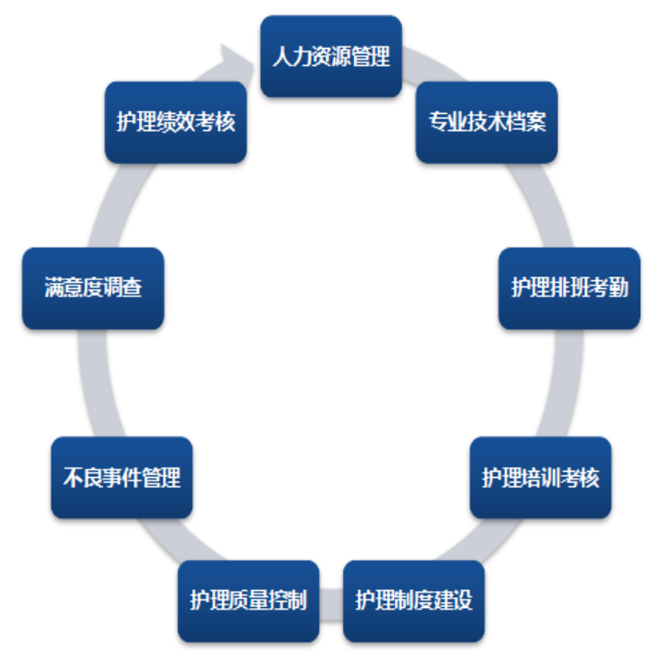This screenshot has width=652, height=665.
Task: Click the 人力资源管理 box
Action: [x=331, y=56]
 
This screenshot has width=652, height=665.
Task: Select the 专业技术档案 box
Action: [x=487, y=122]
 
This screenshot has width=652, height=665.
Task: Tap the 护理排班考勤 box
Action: [x=569, y=288]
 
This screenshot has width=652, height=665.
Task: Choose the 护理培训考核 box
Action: [x=541, y=478]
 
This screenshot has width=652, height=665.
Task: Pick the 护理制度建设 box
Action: [x=414, y=601]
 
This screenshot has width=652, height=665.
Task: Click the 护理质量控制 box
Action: [x=248, y=601]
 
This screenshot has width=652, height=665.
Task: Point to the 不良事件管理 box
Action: [x=122, y=478]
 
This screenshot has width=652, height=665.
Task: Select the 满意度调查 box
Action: [x=93, y=288]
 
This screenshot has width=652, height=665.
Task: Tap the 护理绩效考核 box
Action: [x=175, y=122]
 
